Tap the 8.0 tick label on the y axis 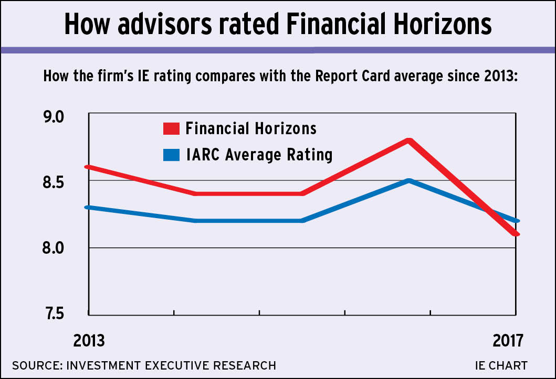pos(62,248)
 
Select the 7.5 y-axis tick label pos(62,314)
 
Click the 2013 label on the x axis pos(89,341)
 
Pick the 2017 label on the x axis pos(508,341)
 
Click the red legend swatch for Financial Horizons pos(171,128)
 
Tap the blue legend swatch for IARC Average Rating pos(171,155)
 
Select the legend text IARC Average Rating pos(259,155)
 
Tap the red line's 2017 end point pos(516,234)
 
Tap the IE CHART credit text pos(501,365)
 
